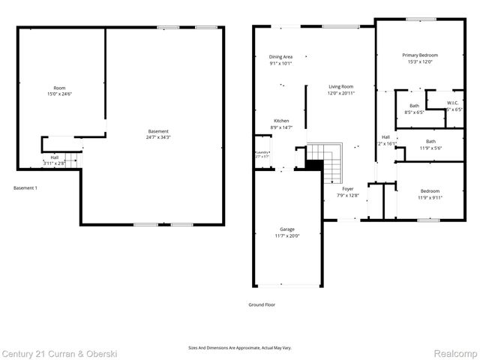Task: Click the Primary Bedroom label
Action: click(x=419, y=55)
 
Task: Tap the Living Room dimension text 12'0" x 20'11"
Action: click(x=340, y=94)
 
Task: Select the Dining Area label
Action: click(x=281, y=57)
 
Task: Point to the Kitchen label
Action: click(x=281, y=121)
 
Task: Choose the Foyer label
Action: click(x=348, y=189)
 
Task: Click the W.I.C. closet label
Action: click(x=452, y=103)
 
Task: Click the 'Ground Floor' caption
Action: click(x=262, y=304)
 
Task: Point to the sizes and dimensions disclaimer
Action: click(x=239, y=347)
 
